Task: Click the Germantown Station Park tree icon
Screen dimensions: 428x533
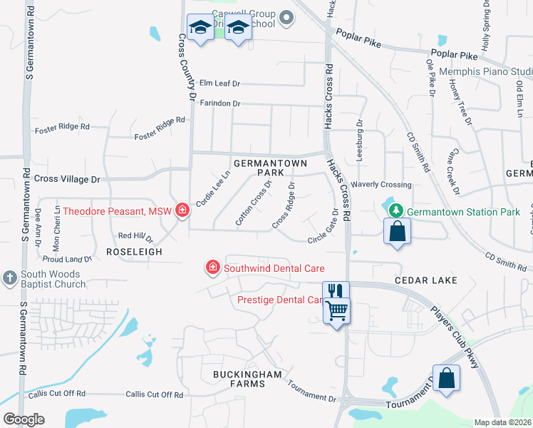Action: [395, 211]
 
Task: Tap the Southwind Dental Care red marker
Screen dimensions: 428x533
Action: [212, 267]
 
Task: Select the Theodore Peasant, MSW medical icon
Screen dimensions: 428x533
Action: [182, 210]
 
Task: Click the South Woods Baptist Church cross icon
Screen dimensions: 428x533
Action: [10, 276]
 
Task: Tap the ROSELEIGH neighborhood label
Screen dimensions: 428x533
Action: [135, 252]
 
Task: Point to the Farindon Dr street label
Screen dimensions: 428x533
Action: [219, 103]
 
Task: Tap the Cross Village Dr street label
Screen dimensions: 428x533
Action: [67, 179]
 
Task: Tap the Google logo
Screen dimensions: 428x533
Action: [24, 419]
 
